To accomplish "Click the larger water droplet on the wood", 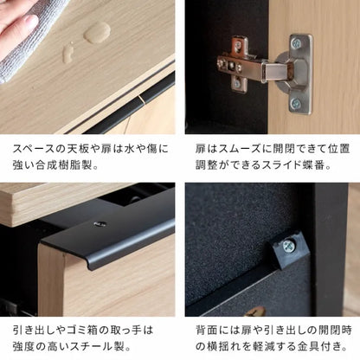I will [x=96, y=34].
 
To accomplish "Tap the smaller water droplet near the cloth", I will [x=67, y=54].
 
